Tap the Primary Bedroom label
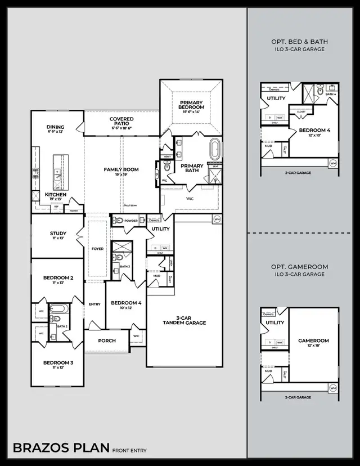(x=191, y=104)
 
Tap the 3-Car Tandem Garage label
(x=184, y=320)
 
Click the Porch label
(x=107, y=340)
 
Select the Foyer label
(x=97, y=248)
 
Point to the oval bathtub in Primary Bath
(x=214, y=150)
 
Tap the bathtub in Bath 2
(x=58, y=309)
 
